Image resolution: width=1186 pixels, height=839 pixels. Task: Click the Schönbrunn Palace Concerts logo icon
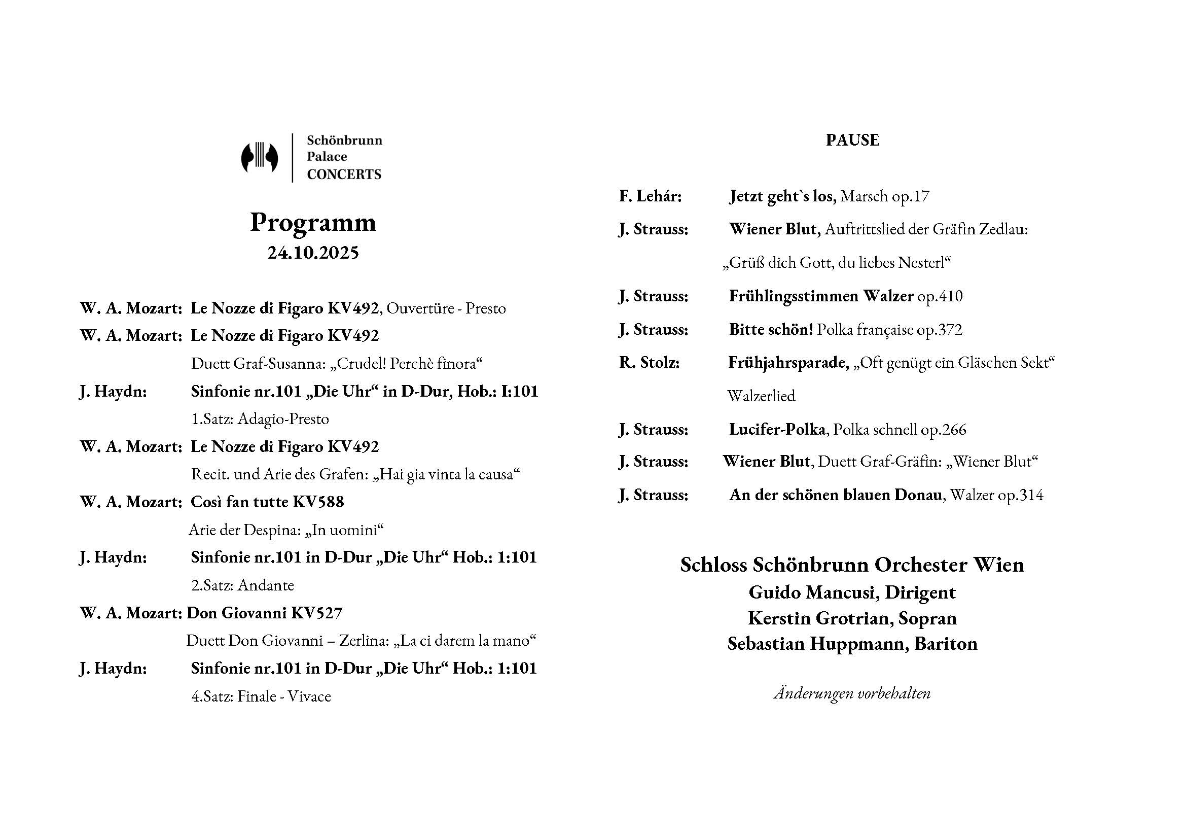point(259,158)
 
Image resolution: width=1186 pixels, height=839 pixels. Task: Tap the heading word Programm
point(313,223)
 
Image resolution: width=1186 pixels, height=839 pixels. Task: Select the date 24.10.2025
point(313,253)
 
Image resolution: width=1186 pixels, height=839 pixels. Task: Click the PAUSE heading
point(852,140)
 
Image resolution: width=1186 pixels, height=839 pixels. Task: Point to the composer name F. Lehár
point(651,196)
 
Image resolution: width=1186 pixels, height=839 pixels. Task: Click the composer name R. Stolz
point(650,363)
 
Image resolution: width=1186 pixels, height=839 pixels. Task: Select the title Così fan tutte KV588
point(267,502)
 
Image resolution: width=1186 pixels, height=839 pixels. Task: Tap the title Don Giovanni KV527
point(265,613)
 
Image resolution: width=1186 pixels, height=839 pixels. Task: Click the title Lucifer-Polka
point(777,429)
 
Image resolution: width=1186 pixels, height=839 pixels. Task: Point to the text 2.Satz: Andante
point(242,585)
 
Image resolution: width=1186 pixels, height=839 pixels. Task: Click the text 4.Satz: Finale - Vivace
point(261,696)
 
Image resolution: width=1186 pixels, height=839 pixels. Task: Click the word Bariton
point(946,644)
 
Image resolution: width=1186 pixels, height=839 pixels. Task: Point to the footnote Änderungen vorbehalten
point(852,693)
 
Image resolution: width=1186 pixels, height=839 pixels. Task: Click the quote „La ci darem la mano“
point(465,641)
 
